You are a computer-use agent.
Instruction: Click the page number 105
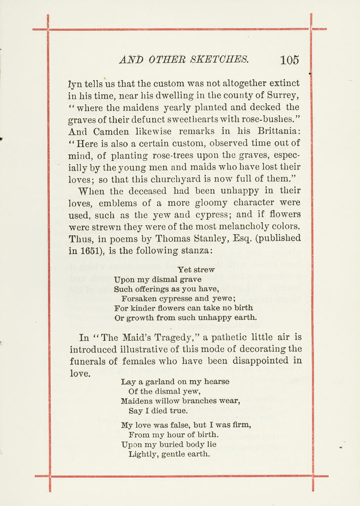(289, 60)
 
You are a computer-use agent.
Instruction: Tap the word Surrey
(283, 95)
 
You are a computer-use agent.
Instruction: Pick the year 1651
(94, 250)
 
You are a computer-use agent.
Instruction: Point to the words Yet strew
(196, 270)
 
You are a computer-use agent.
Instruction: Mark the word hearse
(216, 382)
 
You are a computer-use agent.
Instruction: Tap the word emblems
(117, 202)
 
